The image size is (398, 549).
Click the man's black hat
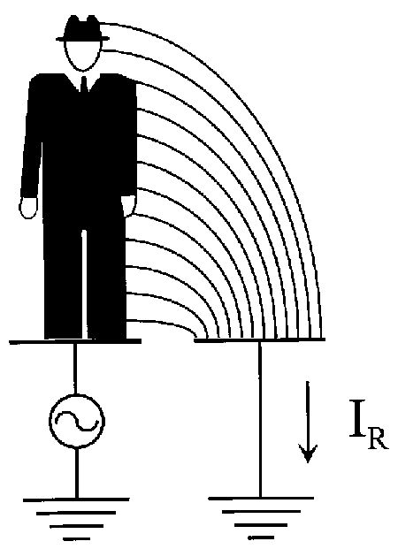point(82,29)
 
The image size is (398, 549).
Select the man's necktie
point(84,84)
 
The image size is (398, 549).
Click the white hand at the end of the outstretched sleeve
point(28,208)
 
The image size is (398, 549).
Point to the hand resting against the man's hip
point(128,206)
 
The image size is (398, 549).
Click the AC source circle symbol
point(77,421)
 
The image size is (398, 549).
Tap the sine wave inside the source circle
point(77,421)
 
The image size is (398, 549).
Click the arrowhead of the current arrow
point(308,454)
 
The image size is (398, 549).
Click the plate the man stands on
point(75,341)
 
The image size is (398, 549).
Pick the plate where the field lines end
point(260,339)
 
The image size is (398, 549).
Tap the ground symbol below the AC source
point(76,519)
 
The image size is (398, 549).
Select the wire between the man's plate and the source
point(74,369)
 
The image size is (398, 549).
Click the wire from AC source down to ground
point(77,473)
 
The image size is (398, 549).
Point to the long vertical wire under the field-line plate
point(260,419)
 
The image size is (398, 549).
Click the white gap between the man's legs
point(84,284)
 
